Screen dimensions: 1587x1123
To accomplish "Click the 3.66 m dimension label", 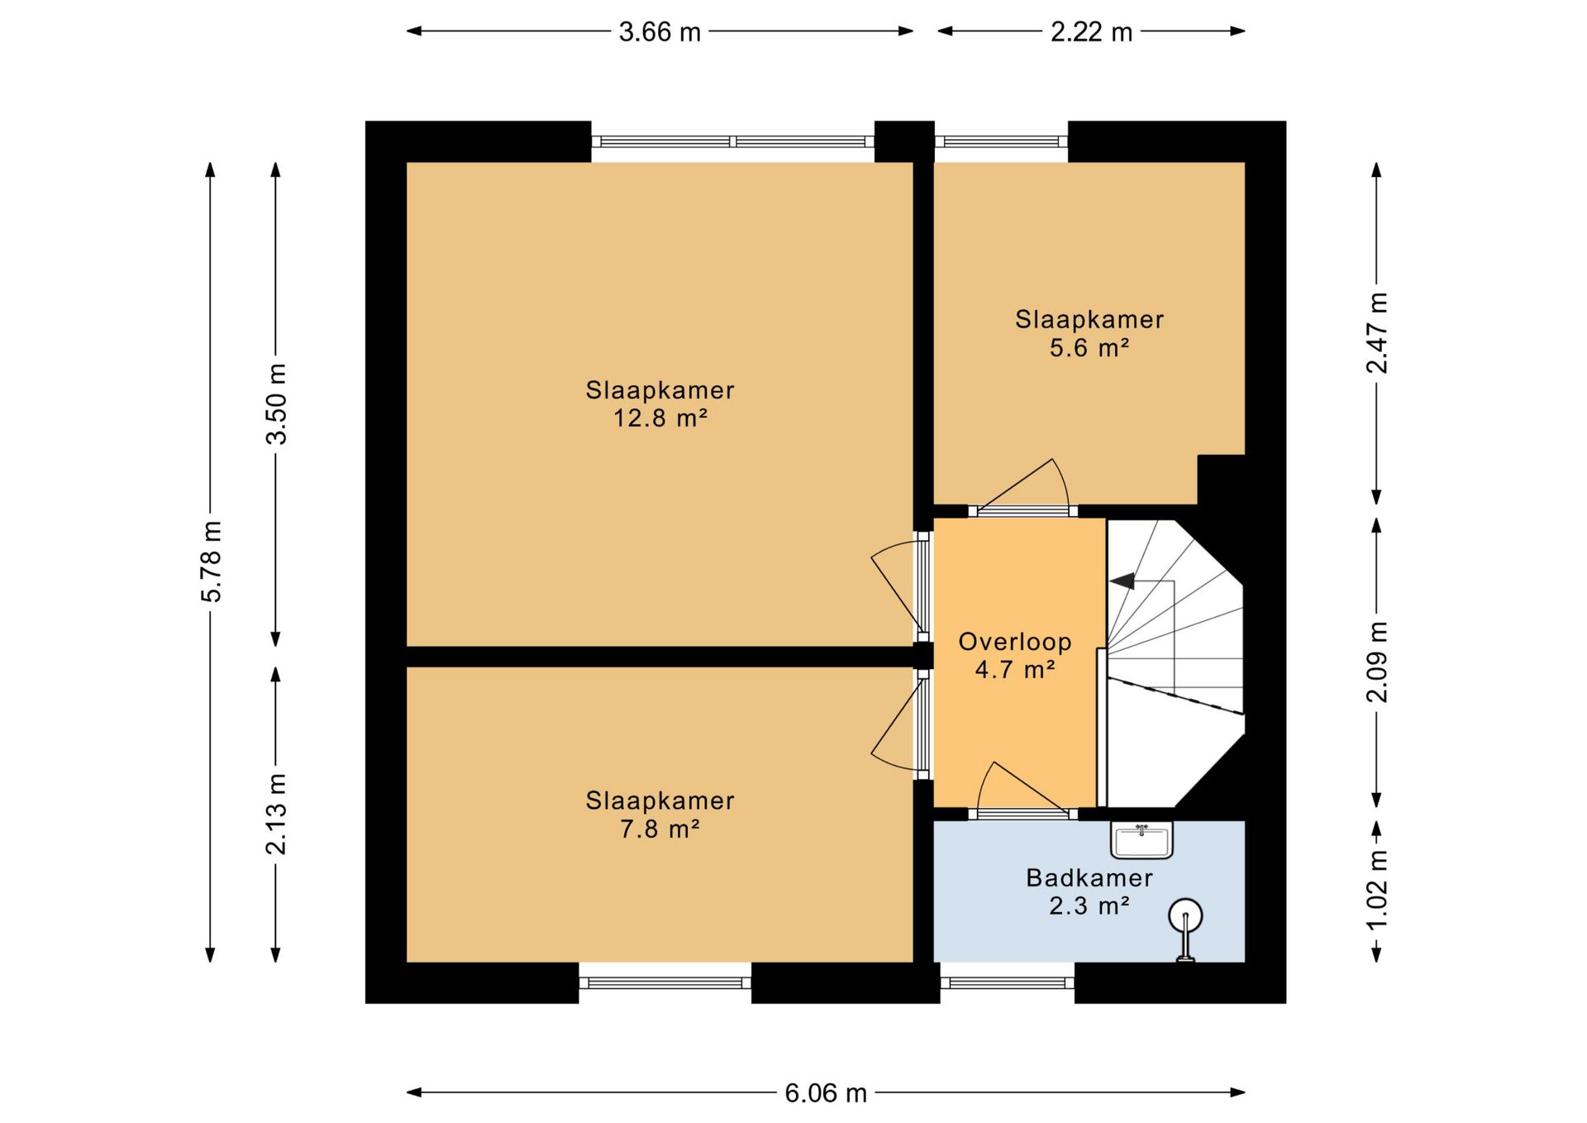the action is pyautogui.click(x=660, y=32).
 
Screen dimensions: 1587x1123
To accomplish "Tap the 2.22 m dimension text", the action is pyautogui.click(x=1091, y=32).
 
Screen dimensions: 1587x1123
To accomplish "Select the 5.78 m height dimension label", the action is pyautogui.click(x=212, y=561).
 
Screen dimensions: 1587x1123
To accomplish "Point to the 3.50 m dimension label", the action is pyautogui.click(x=277, y=404).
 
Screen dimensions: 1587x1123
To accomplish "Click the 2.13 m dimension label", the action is pyautogui.click(x=277, y=814).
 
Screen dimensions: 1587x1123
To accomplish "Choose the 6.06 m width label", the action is pyautogui.click(x=826, y=1093).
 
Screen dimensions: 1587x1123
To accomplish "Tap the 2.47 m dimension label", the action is pyautogui.click(x=1377, y=332).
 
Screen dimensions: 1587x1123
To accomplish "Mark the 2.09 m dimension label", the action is pyautogui.click(x=1377, y=662).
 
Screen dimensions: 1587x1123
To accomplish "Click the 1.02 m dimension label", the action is pyautogui.click(x=1377, y=890).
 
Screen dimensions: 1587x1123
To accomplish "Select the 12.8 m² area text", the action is pyautogui.click(x=660, y=418).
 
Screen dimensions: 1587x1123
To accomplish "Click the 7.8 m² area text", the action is pyautogui.click(x=660, y=828).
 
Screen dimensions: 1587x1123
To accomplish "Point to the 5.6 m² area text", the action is pyautogui.click(x=1089, y=347).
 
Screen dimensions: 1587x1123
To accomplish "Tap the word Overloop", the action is pyautogui.click(x=1015, y=642).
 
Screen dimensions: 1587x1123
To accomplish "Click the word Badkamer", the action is pyautogui.click(x=1089, y=877).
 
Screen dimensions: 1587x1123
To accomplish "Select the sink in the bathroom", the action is pyautogui.click(x=1141, y=840).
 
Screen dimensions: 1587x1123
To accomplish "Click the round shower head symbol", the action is pyautogui.click(x=1185, y=915).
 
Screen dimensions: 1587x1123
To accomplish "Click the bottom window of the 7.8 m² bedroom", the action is pyautogui.click(x=665, y=983).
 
